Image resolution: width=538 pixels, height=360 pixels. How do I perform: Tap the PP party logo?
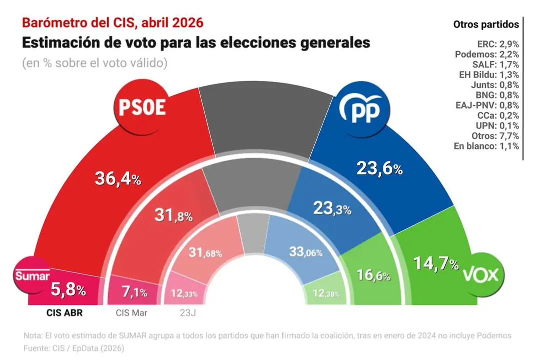363,109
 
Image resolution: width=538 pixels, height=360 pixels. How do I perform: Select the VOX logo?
482,274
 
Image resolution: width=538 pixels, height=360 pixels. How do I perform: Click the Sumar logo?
33,275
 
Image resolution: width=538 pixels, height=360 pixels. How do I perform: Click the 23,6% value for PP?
379,169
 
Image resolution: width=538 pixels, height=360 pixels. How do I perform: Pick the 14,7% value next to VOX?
435,263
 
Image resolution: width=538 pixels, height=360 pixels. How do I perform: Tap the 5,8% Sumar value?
69,289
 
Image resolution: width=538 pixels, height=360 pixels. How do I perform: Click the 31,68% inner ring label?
206,253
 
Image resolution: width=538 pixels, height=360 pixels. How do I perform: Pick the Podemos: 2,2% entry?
485,54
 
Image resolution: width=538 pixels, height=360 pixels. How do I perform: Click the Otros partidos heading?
485,24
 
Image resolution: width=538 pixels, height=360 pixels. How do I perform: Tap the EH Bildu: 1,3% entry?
485,75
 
